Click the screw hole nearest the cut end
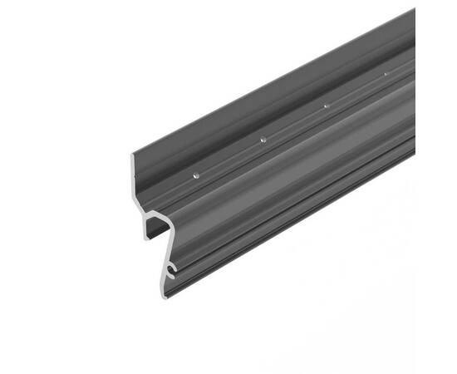tap(195, 175)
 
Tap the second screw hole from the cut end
tap(263, 139)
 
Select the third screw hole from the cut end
tap(327, 106)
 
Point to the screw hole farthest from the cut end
tap(386, 75)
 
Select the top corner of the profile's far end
tap(415, 9)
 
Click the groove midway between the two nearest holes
tap(229, 157)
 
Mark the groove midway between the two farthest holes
tap(356, 91)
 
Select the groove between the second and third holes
tap(295, 122)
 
